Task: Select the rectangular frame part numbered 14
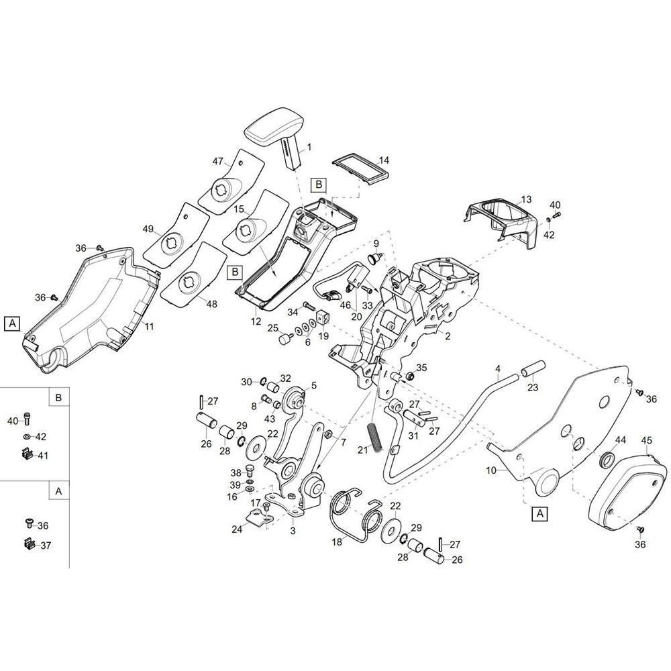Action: [x=360, y=170]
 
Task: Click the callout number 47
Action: [x=218, y=161]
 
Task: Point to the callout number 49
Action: [x=148, y=229]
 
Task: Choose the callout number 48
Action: [x=212, y=304]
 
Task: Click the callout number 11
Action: [x=149, y=327]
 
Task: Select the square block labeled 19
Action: [x=323, y=318]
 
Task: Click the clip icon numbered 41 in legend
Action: [x=27, y=453]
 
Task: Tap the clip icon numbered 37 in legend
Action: [x=29, y=544]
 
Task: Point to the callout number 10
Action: [x=491, y=470]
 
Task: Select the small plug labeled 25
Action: [x=285, y=338]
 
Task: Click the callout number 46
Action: [x=345, y=305]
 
